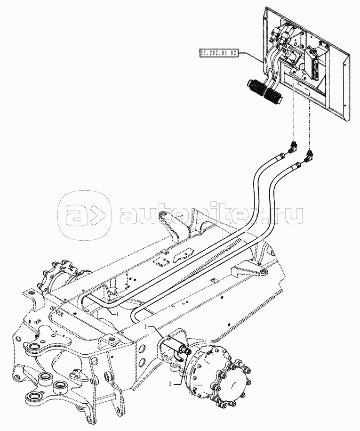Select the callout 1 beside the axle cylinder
tap(146, 326)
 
